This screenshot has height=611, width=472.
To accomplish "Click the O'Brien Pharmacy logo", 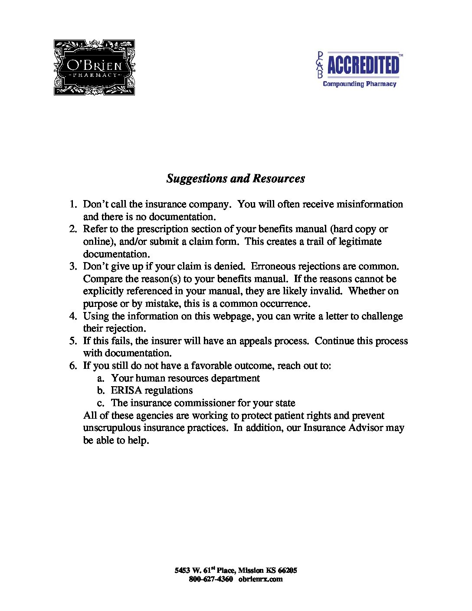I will click(94, 67).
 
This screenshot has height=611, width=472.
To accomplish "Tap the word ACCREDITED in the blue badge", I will click(363, 66).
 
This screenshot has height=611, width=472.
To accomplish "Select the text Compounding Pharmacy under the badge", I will click(359, 84).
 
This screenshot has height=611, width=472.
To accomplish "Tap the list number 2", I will click(73, 229).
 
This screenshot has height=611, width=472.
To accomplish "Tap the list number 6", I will click(73, 365).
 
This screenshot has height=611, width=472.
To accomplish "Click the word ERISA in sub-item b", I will click(126, 390).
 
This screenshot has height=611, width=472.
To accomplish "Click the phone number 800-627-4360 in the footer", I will click(211, 579).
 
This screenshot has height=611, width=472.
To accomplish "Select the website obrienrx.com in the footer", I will click(260, 579).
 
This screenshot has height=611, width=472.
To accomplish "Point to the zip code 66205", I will click(287, 570).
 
